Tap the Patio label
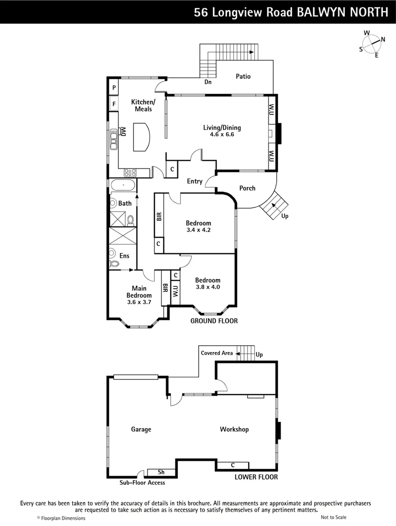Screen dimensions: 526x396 tap(243, 76)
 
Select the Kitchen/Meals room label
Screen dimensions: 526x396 tap(143, 105)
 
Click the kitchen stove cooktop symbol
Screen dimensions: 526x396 tap(130, 172)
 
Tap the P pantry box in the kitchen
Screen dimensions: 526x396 tap(113, 88)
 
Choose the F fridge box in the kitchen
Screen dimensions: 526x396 tap(113, 104)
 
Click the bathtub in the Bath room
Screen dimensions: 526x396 tap(123, 185)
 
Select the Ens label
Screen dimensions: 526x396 tap(125, 256)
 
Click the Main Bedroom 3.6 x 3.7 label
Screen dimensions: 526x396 tap(139, 295)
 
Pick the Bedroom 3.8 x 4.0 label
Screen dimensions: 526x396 tap(207, 283)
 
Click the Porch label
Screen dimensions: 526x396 tap(247, 188)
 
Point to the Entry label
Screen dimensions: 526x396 tap(194, 182)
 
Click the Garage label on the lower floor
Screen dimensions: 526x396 tap(141, 430)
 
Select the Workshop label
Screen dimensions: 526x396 tap(234, 430)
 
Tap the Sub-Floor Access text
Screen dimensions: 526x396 tap(142, 483)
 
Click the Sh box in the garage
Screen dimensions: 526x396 tap(161, 472)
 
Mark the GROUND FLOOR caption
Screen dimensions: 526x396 tap(214, 321)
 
